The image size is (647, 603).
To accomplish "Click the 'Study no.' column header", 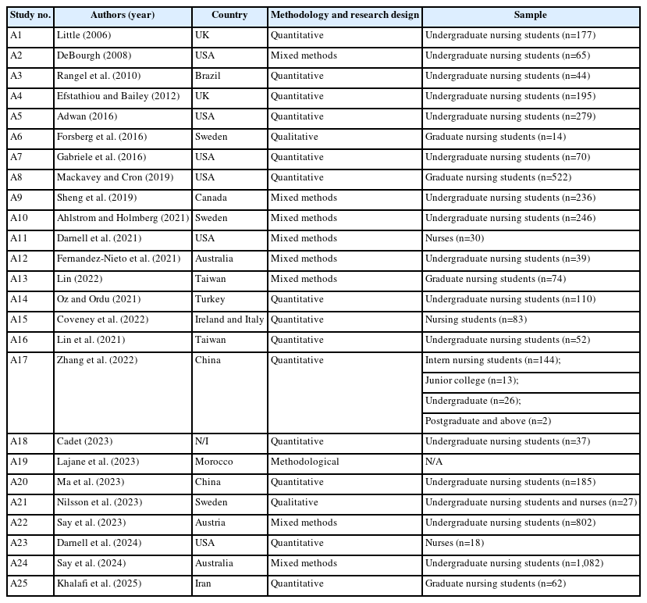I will [x=30, y=15].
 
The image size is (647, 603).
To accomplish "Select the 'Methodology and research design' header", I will [x=344, y=15].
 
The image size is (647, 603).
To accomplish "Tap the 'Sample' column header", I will [x=531, y=15].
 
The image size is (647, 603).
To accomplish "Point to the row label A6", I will [x=16, y=137].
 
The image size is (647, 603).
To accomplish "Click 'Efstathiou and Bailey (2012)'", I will [x=118, y=96].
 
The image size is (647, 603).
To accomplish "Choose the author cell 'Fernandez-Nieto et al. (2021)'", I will [x=119, y=259].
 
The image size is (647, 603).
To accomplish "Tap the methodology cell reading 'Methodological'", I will [x=305, y=462].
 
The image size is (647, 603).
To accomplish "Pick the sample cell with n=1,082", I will [x=514, y=563].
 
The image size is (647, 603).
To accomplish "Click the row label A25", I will [x=20, y=583].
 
